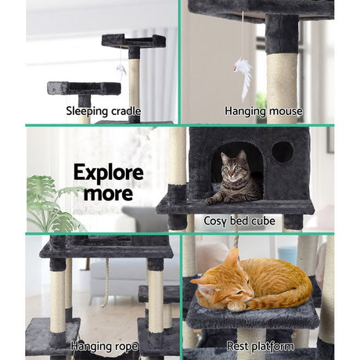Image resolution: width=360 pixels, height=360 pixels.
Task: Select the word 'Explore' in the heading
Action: tap(108, 172)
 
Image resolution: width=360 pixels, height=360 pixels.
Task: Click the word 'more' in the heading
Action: tap(108, 193)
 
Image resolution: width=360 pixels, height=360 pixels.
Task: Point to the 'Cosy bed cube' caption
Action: tap(239, 221)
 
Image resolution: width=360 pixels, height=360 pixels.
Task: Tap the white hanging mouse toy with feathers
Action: tap(243, 77)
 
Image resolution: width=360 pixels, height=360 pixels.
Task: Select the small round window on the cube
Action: tap(283, 151)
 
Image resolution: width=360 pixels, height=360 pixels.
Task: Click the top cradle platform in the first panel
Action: tap(133, 41)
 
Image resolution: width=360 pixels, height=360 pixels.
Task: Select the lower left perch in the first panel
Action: tap(83, 88)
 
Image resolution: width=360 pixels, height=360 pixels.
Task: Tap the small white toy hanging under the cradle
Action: tap(121, 70)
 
